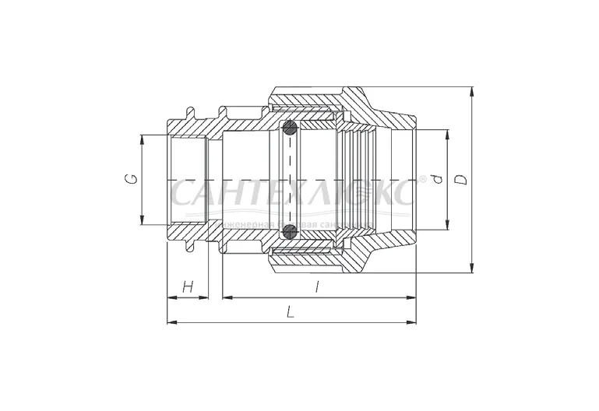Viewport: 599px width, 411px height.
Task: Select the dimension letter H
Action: tap(188, 286)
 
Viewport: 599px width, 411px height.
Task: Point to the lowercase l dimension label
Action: tap(317, 286)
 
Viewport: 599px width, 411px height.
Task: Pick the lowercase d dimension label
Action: tap(437, 180)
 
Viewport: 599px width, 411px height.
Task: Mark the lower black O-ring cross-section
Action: tap(289, 230)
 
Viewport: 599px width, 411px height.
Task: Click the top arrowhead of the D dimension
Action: tap(473, 90)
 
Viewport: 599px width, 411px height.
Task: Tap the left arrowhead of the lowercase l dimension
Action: tap(227, 297)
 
